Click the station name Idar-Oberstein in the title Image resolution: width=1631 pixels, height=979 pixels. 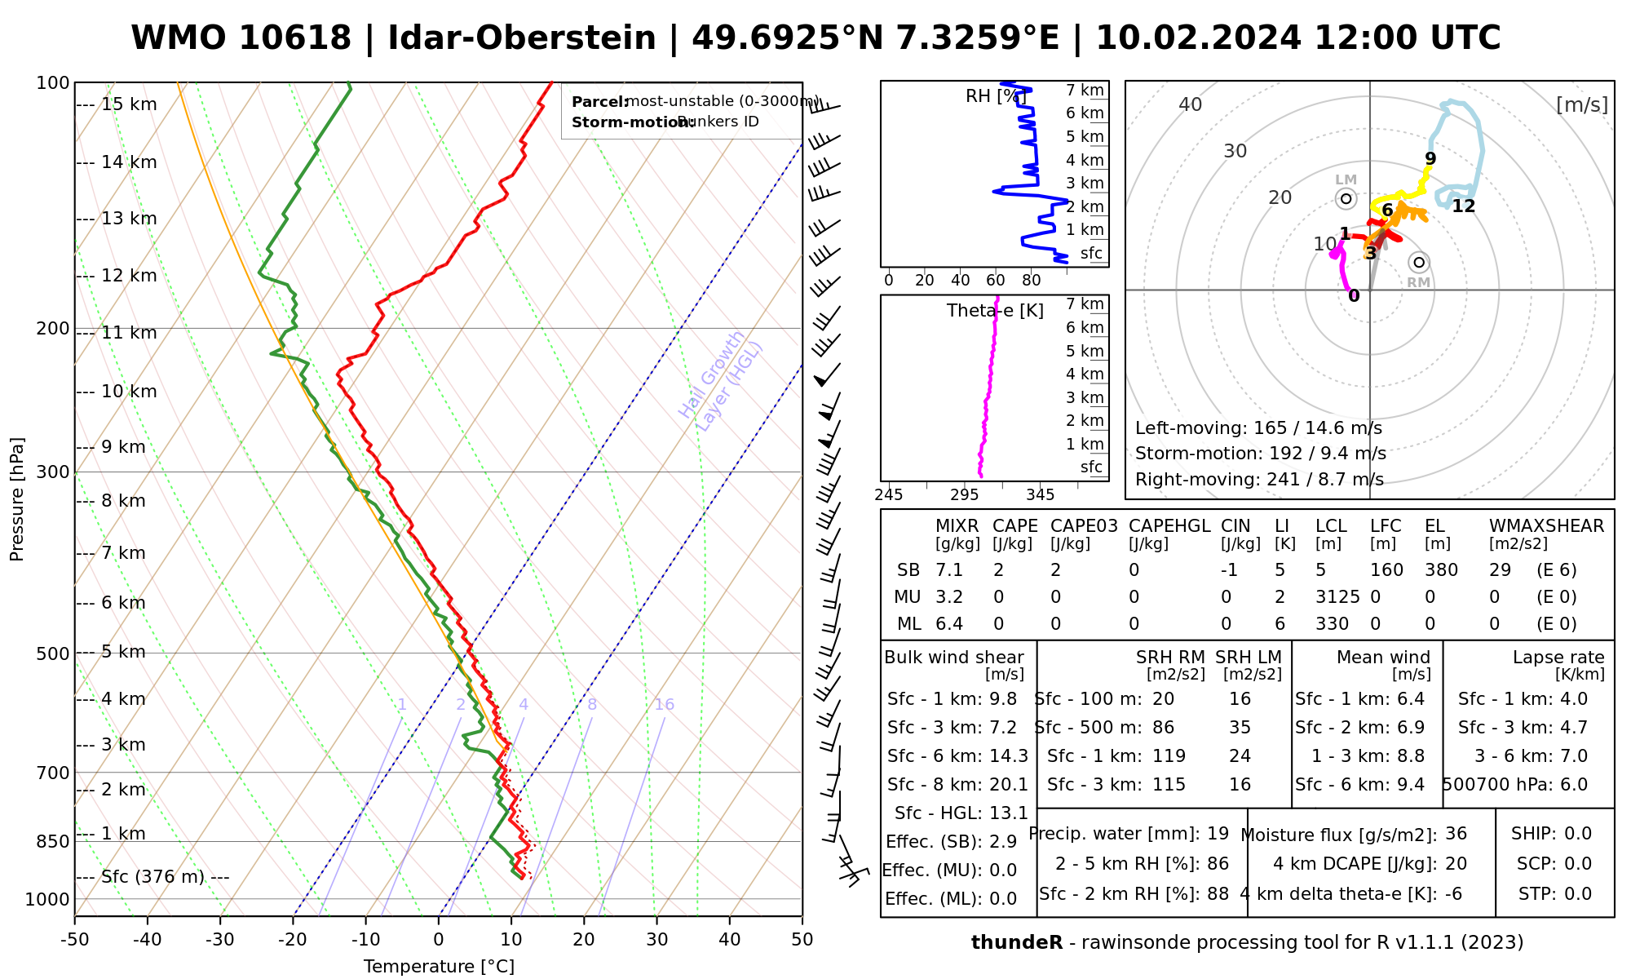(x=522, y=38)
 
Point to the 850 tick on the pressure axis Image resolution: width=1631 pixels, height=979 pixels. (x=54, y=841)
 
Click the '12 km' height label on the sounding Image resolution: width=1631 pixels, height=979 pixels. (x=129, y=276)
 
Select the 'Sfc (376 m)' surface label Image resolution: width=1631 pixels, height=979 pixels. (x=152, y=877)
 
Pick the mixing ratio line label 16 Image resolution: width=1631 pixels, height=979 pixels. (x=665, y=705)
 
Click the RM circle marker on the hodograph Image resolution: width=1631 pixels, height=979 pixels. (x=1419, y=262)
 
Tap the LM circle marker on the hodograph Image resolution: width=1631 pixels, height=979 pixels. (x=1346, y=198)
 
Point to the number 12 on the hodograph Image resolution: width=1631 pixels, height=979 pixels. (x=1464, y=206)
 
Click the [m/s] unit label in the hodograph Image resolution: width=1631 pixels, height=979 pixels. (x=1582, y=104)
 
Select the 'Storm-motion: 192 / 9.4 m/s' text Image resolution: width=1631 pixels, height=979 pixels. (x=1260, y=454)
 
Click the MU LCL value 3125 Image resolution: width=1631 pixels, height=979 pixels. (x=1337, y=597)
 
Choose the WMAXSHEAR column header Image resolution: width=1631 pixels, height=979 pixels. (x=1546, y=526)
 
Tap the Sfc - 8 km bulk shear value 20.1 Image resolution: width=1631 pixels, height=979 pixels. (x=1009, y=785)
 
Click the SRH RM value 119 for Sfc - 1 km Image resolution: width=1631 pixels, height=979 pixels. (x=1169, y=756)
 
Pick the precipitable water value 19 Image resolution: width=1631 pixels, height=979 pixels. (x=1218, y=834)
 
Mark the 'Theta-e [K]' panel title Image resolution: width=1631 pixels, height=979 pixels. (x=995, y=311)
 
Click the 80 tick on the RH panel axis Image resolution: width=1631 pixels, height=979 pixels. (x=1032, y=281)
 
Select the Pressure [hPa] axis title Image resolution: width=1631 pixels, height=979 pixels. (x=17, y=499)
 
